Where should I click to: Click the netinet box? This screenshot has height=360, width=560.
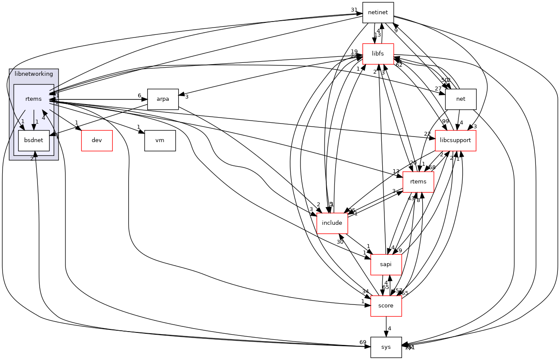coord(378,12)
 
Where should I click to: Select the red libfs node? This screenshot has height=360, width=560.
coord(378,54)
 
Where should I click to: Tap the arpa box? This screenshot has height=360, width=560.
coord(163,99)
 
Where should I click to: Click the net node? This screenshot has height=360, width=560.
coord(461,99)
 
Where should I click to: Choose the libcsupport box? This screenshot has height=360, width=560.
coord(455,140)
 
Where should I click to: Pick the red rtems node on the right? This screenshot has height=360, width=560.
coord(418,182)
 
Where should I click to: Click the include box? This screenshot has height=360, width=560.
coord(332,223)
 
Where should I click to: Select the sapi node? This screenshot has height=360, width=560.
coord(386,264)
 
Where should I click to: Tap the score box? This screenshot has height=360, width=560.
coord(386,306)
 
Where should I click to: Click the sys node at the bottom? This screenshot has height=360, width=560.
coord(386,347)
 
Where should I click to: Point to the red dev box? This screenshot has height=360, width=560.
coord(97,140)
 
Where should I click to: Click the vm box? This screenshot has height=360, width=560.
coord(160,140)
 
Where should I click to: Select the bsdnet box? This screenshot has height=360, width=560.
coord(34,140)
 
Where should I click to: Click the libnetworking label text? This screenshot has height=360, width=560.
coord(34,74)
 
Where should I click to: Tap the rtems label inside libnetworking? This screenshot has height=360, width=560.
coord(34,99)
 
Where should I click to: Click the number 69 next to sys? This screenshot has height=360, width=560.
coord(363,342)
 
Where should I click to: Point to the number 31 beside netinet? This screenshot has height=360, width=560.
coord(354,10)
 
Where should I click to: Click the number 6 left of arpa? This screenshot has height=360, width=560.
coord(139,96)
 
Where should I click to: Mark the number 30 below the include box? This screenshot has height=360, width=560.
coord(340,242)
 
